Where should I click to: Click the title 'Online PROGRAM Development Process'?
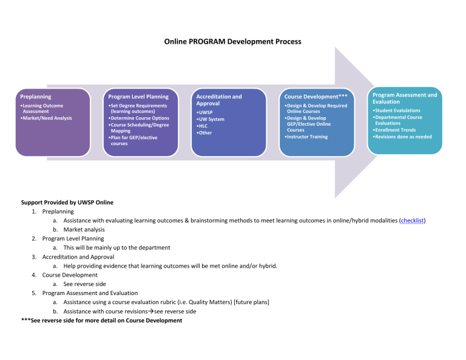coord(232,42)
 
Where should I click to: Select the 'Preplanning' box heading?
coord(35,97)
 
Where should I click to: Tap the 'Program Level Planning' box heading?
coord(138,97)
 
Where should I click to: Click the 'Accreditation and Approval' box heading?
coord(218,100)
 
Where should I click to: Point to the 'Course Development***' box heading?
coord(316,97)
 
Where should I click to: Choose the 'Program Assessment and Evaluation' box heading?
coord(404,98)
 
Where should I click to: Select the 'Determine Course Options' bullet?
coord(139,118)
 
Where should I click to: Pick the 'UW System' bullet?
coord(211,119)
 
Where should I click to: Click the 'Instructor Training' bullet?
coord(306,137)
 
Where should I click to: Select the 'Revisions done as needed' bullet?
coord(403,137)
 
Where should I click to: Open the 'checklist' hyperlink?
coord(412,221)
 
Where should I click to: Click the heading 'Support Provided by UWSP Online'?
coord(67,203)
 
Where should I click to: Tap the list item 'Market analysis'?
coord(84,230)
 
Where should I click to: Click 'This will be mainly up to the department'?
coord(116,248)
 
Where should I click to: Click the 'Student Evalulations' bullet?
coord(398,110)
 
